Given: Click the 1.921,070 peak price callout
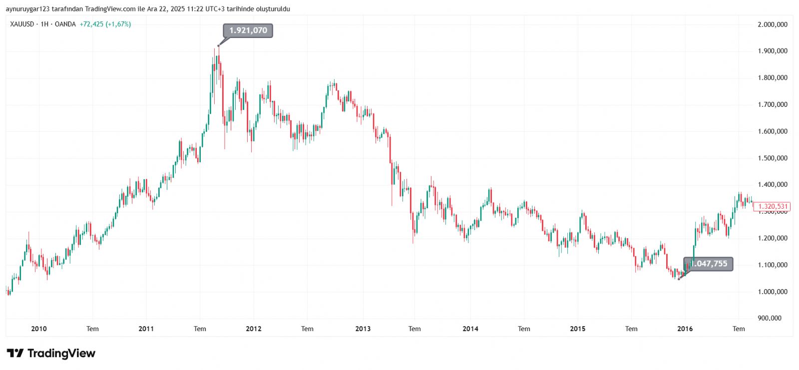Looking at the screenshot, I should tap(248, 30).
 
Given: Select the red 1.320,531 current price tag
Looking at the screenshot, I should tap(771, 206).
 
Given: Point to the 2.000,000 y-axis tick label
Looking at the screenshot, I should tap(773, 24).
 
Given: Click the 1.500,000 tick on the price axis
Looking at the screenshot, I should tap(773, 158).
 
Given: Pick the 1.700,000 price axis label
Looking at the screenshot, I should tap(773, 105).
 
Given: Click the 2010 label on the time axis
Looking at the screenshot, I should tap(39, 329).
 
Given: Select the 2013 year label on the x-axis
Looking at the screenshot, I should tap(363, 329).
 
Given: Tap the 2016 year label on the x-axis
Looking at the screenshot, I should tap(685, 329).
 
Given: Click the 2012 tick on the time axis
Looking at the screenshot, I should tap(254, 329).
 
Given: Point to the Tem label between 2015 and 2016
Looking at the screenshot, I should tap(631, 329).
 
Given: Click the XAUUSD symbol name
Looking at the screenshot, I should tap(21, 24).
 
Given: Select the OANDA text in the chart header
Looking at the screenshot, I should tap(65, 24).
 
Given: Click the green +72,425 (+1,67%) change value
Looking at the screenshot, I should tap(105, 24).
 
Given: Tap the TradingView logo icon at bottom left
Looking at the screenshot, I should tap(15, 354).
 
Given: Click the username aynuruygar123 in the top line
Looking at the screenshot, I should tap(28, 9).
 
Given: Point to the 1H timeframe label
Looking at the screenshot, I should tap(44, 24).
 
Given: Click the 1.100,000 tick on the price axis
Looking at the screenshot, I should tap(773, 265).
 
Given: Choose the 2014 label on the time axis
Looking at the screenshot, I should tap(470, 329).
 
